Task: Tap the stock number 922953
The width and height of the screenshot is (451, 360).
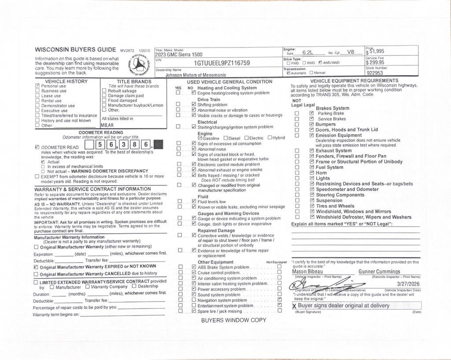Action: click(374, 73)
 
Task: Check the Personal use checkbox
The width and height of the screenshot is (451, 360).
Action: click(37, 86)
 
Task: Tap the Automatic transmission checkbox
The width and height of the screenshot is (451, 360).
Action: click(288, 73)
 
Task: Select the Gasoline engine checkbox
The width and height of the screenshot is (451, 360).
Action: click(200, 138)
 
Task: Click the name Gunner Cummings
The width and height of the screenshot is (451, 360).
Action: click(379, 272)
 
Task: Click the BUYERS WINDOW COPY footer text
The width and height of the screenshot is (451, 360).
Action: click(233, 320)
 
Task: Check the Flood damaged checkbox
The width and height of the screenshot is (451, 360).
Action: click(104, 100)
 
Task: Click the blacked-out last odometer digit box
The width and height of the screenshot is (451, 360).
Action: click(159, 144)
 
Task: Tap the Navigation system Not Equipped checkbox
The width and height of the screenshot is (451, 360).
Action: click(280, 300)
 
